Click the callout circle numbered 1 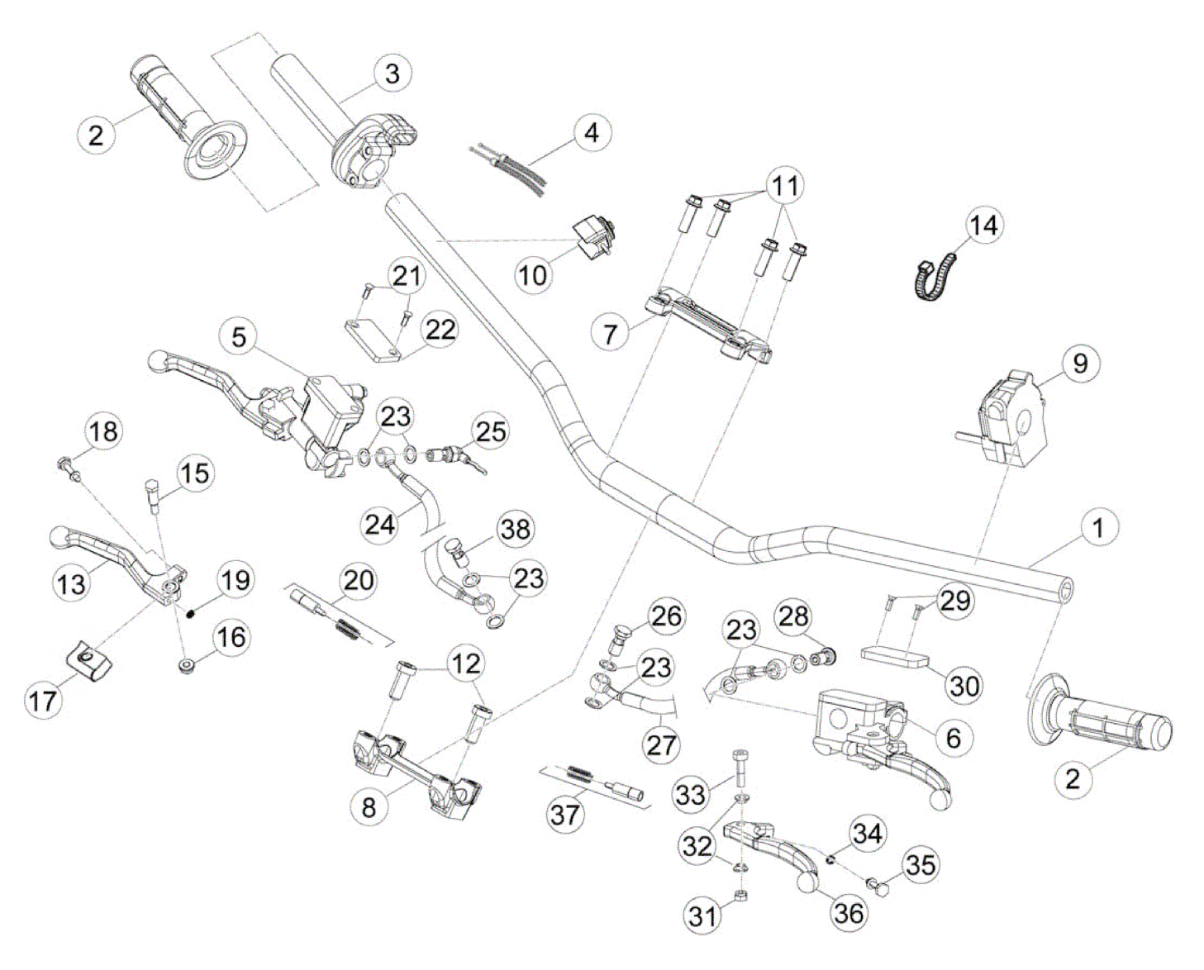tap(1097, 528)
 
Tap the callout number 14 tap(983, 225)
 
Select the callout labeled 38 tap(515, 529)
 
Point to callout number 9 tap(1080, 364)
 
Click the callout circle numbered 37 tap(566, 815)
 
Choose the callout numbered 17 tap(43, 701)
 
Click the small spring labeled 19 tap(192, 611)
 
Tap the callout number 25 tap(490, 431)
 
